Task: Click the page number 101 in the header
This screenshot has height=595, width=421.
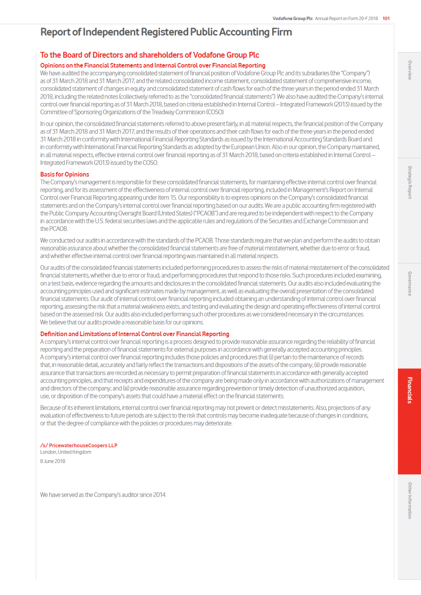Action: [386, 18]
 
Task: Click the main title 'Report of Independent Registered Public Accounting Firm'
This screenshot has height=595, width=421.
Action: [166, 32]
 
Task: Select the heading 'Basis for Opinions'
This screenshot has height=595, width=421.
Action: [65, 175]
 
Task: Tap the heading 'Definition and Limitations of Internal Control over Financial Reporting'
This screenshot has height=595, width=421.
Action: [135, 334]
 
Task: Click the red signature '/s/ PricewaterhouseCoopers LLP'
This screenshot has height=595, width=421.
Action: [79, 446]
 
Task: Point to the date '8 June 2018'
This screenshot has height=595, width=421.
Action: [53, 461]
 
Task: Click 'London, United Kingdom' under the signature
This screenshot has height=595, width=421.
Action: [66, 452]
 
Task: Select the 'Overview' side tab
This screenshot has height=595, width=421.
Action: [409, 70]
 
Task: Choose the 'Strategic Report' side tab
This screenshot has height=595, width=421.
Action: [409, 182]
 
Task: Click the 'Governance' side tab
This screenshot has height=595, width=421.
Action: [409, 284]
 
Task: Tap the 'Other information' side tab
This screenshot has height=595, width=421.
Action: [409, 501]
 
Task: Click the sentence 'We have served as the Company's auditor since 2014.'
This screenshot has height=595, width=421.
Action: [103, 495]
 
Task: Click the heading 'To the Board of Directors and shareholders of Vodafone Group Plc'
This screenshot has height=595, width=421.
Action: [149, 55]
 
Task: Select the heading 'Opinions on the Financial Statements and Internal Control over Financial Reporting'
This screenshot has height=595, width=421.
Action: [153, 66]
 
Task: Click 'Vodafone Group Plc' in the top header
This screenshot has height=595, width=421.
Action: [292, 18]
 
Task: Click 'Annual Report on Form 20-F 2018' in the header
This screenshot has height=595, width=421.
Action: [346, 18]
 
